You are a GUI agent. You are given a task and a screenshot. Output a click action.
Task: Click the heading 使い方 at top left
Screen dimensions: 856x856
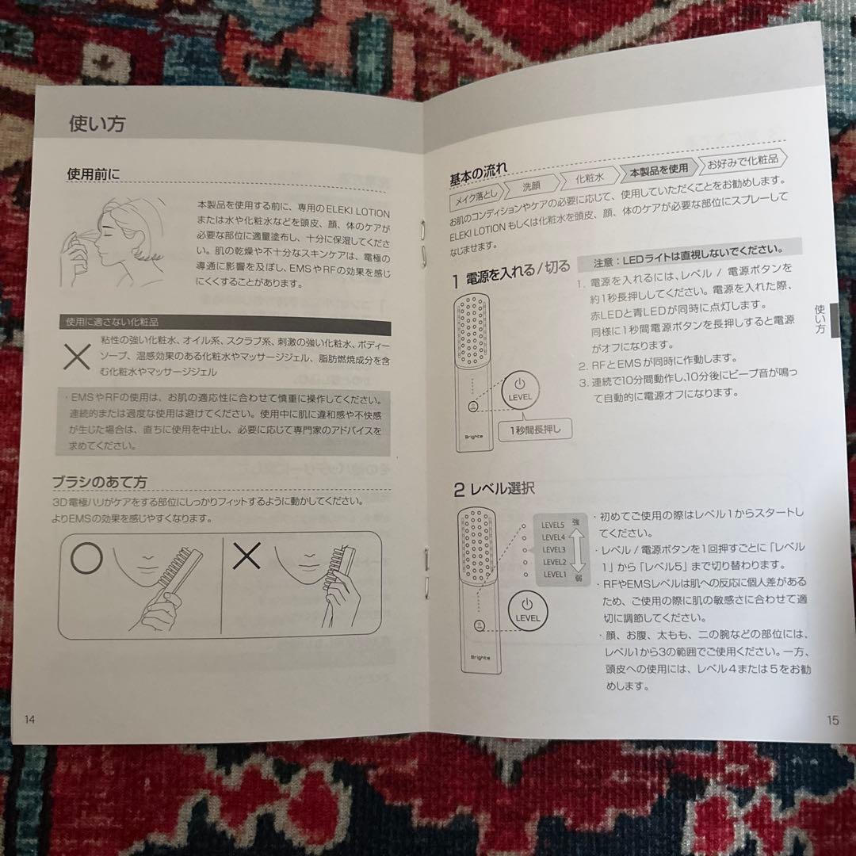pos(97,124)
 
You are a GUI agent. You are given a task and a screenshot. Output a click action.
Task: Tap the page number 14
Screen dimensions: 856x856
pos(30,719)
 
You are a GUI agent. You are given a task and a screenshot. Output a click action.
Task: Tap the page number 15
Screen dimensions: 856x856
pos(831,720)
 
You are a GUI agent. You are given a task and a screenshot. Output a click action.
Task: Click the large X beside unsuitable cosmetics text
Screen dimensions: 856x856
pos(77,357)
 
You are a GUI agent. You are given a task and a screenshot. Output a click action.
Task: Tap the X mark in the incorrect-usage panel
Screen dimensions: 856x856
pos(246,557)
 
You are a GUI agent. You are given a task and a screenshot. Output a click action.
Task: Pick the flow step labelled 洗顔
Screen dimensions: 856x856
pos(532,186)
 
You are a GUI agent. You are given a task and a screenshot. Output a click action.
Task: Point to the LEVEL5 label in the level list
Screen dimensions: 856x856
pos(553,524)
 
